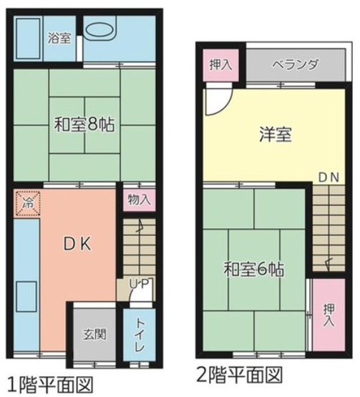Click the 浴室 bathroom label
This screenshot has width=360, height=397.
tap(59, 38)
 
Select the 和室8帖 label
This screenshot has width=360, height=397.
tap(84, 122)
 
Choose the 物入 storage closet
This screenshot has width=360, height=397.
tap(139, 200)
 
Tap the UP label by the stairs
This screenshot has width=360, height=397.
tap(139, 285)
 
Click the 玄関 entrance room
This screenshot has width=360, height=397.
tap(94, 334)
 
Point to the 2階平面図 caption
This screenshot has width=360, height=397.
tap(238, 374)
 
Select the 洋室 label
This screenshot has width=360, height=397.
tap(274, 134)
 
